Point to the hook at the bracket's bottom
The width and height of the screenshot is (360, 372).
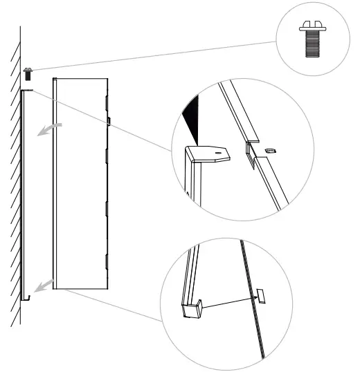coord(28,297)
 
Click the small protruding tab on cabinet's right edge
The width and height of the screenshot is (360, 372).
coord(109,121)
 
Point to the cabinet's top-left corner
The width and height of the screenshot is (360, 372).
coord(53,78)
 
